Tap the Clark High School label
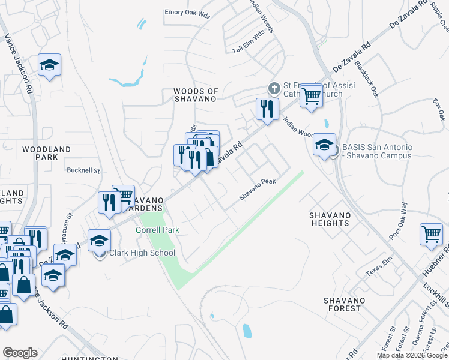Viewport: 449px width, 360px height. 142,253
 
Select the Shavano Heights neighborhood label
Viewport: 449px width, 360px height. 329,219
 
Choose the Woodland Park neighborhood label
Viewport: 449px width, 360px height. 46,153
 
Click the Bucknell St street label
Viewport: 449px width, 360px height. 83,170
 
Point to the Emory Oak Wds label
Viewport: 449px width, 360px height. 188,13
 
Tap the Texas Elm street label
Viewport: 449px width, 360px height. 378,269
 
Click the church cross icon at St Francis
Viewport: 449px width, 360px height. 274,89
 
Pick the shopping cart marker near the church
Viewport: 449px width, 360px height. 311,95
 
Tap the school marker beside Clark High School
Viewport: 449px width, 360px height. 99,241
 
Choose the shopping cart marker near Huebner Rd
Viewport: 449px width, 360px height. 431,234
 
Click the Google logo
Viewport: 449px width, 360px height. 20,353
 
